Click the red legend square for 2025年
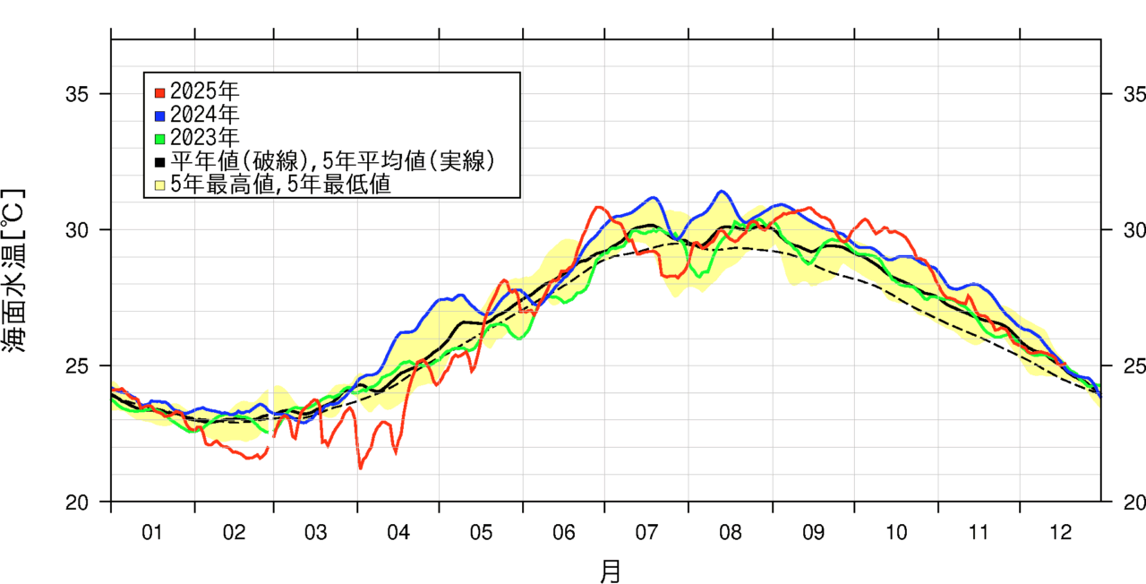click(159, 91)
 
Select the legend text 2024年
click(204, 115)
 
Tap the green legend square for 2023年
click(159, 139)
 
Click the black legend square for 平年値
click(159, 162)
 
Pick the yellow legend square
click(159, 185)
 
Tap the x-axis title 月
click(610, 571)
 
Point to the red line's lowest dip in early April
click(361, 468)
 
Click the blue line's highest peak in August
click(722, 191)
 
